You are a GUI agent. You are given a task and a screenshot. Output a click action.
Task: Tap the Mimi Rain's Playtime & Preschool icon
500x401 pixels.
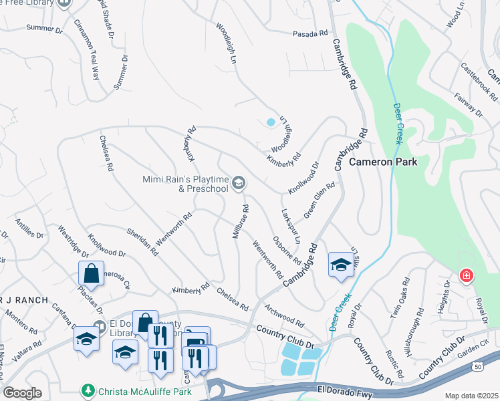(239, 182)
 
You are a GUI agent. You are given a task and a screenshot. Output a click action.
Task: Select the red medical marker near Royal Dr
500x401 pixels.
(465, 275)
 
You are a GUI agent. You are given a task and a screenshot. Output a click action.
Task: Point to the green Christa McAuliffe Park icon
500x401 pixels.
(87, 389)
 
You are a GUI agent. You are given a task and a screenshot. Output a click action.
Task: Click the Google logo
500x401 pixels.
(22, 393)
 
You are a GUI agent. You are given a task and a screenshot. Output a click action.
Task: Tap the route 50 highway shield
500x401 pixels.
(476, 366)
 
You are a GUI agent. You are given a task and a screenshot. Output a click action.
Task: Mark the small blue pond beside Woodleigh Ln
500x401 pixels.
(270, 122)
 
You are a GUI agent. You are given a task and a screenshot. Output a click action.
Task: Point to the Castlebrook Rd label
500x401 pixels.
(479, 82)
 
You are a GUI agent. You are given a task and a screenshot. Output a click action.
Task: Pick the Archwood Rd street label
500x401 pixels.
(284, 313)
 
